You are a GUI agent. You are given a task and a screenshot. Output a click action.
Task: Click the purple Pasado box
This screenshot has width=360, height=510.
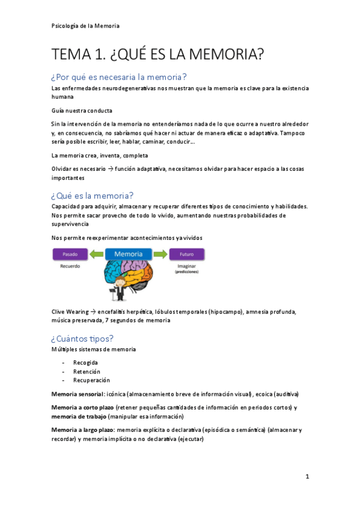click(71, 254)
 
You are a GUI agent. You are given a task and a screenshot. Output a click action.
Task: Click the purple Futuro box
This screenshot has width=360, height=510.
click(187, 254)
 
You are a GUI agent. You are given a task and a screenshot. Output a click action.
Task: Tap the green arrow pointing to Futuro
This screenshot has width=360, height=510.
click(160, 254)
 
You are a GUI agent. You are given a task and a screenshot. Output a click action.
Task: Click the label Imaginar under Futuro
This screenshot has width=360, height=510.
click(187, 265)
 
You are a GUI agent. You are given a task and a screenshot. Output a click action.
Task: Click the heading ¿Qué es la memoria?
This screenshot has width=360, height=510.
click(92, 195)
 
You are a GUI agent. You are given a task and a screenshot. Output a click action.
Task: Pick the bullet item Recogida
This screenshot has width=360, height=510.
click(85, 363)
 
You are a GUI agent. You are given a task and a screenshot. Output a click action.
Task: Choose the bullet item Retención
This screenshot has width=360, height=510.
click(87, 372)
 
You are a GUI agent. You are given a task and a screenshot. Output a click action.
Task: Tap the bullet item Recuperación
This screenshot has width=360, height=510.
click(91, 380)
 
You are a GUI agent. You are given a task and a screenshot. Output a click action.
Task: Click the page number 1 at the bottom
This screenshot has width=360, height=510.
click(307, 477)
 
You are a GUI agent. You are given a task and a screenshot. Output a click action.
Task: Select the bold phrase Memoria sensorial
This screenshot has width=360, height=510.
click(78, 394)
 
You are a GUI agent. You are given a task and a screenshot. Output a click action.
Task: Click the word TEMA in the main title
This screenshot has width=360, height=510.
click(71, 55)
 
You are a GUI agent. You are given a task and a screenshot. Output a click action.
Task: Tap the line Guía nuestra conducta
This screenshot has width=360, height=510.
click(82, 111)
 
